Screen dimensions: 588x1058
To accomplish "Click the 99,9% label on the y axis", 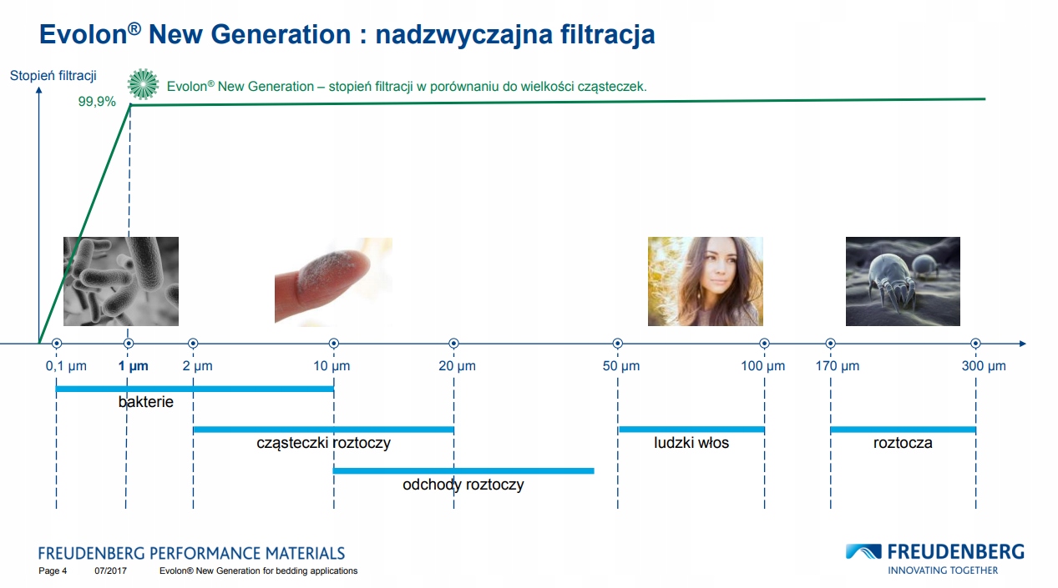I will (x=97, y=102).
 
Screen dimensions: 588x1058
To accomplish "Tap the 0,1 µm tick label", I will (x=66, y=366).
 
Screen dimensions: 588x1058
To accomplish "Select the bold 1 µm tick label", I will (x=133, y=366).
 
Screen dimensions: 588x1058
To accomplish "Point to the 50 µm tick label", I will (x=621, y=366).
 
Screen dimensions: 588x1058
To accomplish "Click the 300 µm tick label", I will (x=984, y=366).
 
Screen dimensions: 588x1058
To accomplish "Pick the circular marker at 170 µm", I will (x=830, y=344).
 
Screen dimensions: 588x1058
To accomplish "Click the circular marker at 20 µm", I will (x=453, y=344).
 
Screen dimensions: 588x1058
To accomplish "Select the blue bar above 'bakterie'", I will (x=195, y=389).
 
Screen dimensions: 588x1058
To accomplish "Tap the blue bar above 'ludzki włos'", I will (x=691, y=430).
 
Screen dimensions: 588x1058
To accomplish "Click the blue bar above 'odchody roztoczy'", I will (x=463, y=470).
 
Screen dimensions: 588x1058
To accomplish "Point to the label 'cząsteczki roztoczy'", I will (x=323, y=444).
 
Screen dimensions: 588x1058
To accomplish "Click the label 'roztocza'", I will (x=903, y=444).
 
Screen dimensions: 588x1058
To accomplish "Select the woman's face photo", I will (x=705, y=281).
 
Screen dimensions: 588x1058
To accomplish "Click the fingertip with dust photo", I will (x=332, y=281).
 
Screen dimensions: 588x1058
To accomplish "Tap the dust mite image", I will (x=903, y=281).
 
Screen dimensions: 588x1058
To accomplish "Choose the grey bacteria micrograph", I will (x=121, y=281).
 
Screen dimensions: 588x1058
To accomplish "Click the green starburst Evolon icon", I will (x=143, y=84).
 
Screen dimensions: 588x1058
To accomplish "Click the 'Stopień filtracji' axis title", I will (x=53, y=76).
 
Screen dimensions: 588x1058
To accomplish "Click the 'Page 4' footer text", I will (x=53, y=571).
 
